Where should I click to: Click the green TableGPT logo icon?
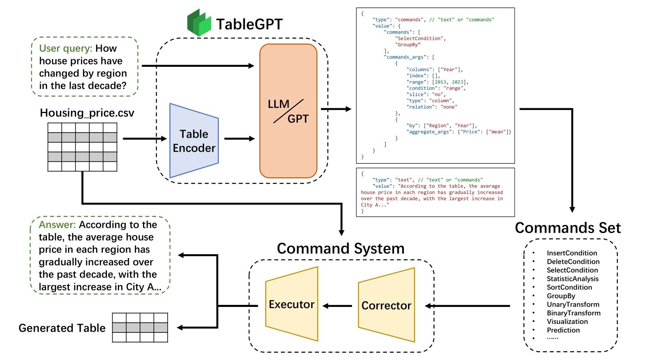click(199, 23)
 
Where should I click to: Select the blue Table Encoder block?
click(194, 141)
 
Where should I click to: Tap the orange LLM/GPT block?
click(288, 111)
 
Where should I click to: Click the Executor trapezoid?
click(292, 304)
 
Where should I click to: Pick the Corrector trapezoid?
click(386, 305)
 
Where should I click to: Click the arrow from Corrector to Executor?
click(337, 306)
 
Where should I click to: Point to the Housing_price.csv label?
click(87, 113)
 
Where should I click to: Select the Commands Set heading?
click(568, 228)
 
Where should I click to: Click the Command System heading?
click(340, 249)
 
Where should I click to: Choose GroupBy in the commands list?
click(561, 296)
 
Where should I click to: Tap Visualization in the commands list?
click(567, 321)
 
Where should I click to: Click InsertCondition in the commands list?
click(572, 253)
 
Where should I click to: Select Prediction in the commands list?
click(563, 330)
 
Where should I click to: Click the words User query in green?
click(66, 48)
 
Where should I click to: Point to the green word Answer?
click(57, 225)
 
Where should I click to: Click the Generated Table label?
click(62, 328)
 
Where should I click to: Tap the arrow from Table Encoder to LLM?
click(239, 139)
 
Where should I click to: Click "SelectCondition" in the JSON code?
click(420, 39)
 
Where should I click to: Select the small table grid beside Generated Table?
click(140, 328)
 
